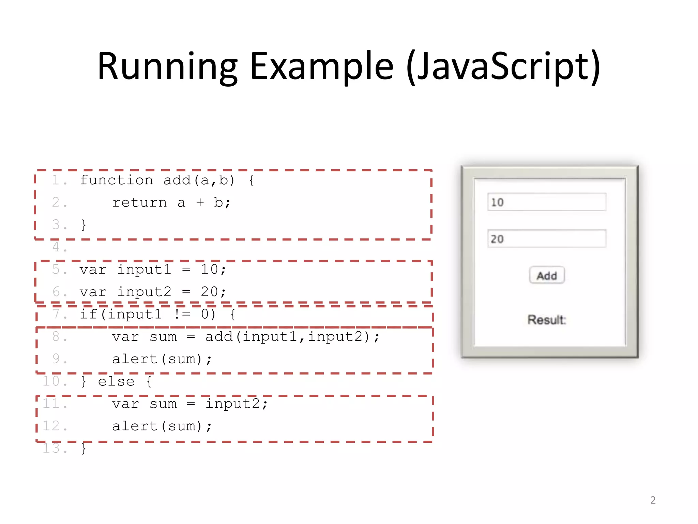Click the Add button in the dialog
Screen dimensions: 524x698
click(547, 275)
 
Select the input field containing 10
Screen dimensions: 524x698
click(547, 202)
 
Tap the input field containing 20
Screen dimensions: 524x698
click(547, 238)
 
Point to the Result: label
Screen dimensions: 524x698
click(547, 320)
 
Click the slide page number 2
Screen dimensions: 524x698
click(653, 500)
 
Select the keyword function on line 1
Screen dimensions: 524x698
click(116, 180)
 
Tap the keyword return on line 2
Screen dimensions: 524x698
click(139, 203)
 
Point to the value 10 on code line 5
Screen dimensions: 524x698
click(209, 270)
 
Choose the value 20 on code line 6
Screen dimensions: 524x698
click(209, 292)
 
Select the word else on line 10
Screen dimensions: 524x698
click(116, 381)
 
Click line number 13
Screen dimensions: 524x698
click(55, 448)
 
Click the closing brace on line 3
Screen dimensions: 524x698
click(84, 225)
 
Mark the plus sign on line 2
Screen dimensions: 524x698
click(200, 203)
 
